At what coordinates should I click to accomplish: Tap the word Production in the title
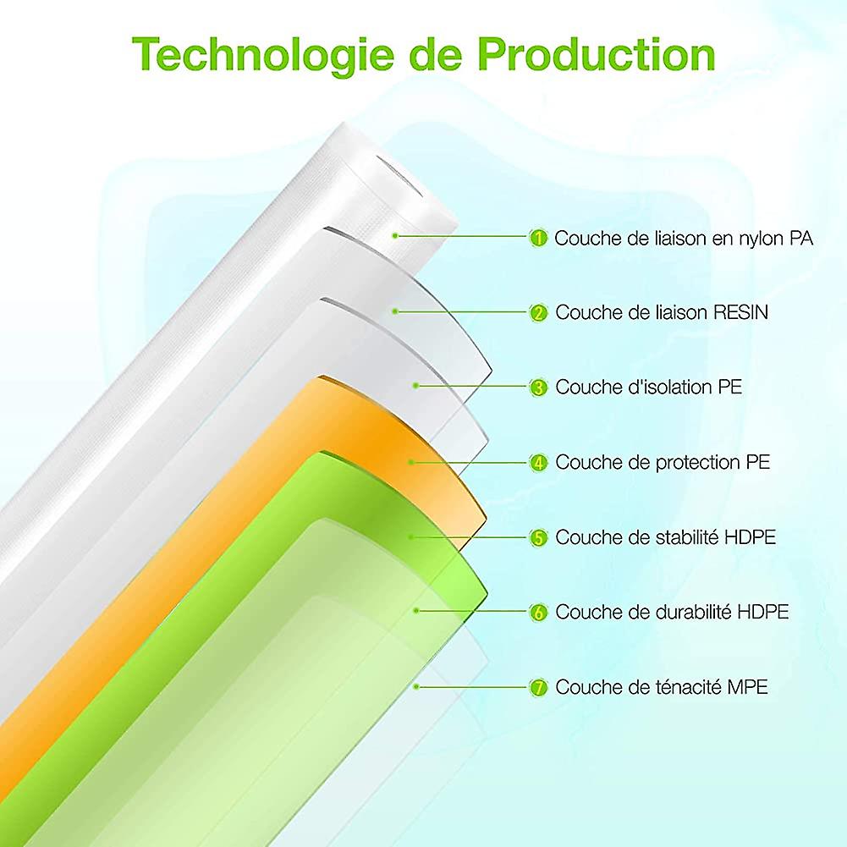tap(597, 54)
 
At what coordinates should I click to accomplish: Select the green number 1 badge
tap(538, 238)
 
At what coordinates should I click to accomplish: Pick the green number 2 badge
tap(538, 313)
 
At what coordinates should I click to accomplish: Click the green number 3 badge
tap(538, 388)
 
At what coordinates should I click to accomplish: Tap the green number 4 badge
tap(538, 462)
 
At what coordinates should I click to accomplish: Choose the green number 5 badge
tap(538, 537)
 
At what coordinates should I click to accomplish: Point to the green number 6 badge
tap(538, 612)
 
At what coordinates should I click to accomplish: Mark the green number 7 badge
tap(538, 687)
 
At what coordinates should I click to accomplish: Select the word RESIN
tap(740, 312)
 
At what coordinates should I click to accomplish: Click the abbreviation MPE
tap(747, 687)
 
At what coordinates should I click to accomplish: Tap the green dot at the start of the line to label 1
tap(395, 235)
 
